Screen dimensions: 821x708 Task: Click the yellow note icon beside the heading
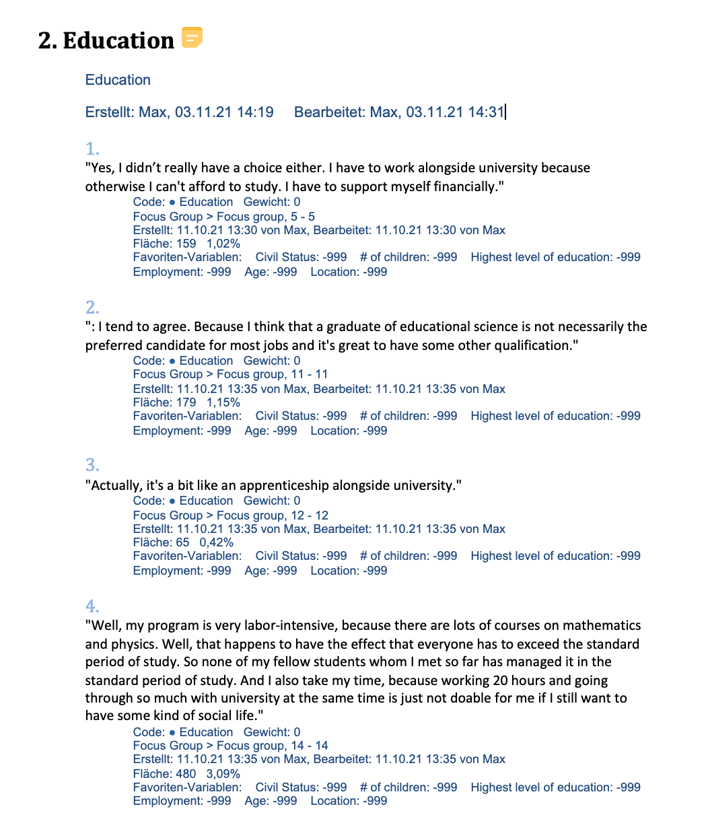click(x=192, y=38)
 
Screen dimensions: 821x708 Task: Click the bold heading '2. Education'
click(x=106, y=40)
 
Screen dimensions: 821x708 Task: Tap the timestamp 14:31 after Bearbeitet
click(x=486, y=112)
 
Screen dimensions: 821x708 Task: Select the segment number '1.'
click(x=92, y=149)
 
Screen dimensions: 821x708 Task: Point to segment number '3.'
click(x=92, y=465)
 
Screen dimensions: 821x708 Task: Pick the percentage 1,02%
click(x=223, y=244)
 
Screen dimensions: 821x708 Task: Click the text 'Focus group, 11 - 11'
click(x=272, y=374)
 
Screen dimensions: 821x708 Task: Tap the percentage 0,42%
click(x=216, y=542)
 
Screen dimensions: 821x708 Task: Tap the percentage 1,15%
click(x=223, y=402)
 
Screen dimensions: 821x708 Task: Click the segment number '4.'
click(x=92, y=605)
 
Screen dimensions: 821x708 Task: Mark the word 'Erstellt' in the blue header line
click(x=109, y=112)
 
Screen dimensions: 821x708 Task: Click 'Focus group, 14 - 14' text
click(x=272, y=746)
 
